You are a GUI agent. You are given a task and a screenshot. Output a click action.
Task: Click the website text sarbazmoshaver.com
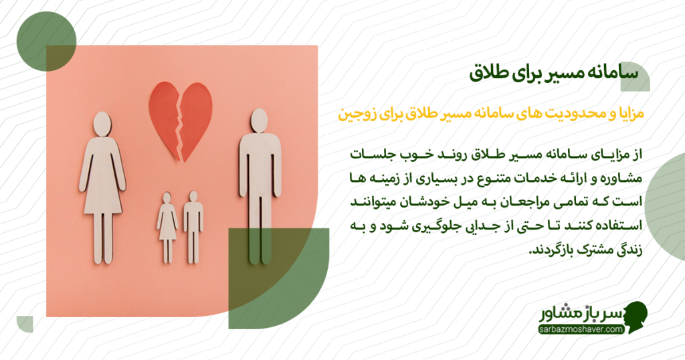[580, 329]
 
